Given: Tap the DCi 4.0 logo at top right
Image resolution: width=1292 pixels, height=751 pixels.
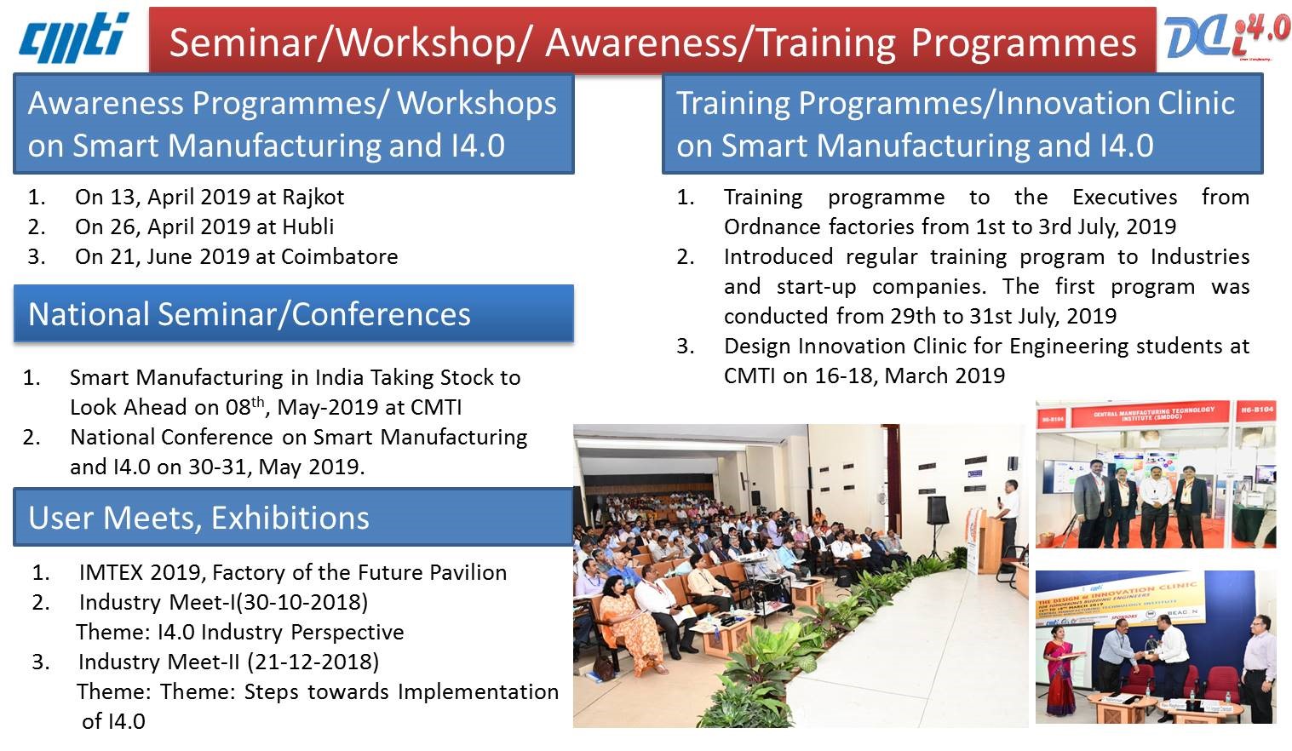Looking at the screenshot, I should pyautogui.click(x=1227, y=39).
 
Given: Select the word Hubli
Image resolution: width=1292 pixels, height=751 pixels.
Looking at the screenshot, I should pyautogui.click(x=307, y=226).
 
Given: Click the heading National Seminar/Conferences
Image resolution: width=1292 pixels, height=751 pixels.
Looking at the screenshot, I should pyautogui.click(x=249, y=314).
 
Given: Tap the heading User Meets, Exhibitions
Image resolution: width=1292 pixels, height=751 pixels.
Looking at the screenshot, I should pyautogui.click(x=198, y=518).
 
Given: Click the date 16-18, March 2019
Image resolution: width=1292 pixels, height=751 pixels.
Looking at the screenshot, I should pyautogui.click(x=893, y=375).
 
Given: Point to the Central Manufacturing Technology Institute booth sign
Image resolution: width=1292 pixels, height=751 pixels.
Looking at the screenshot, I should pyautogui.click(x=1155, y=416).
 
